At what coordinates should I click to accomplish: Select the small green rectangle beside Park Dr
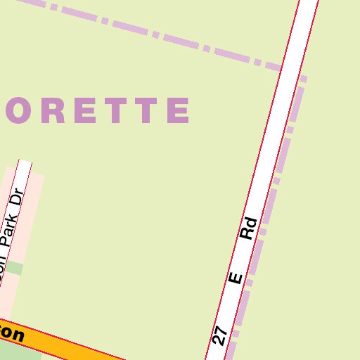[x=15, y=268]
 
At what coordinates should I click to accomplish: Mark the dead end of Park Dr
[x=25, y=163]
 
